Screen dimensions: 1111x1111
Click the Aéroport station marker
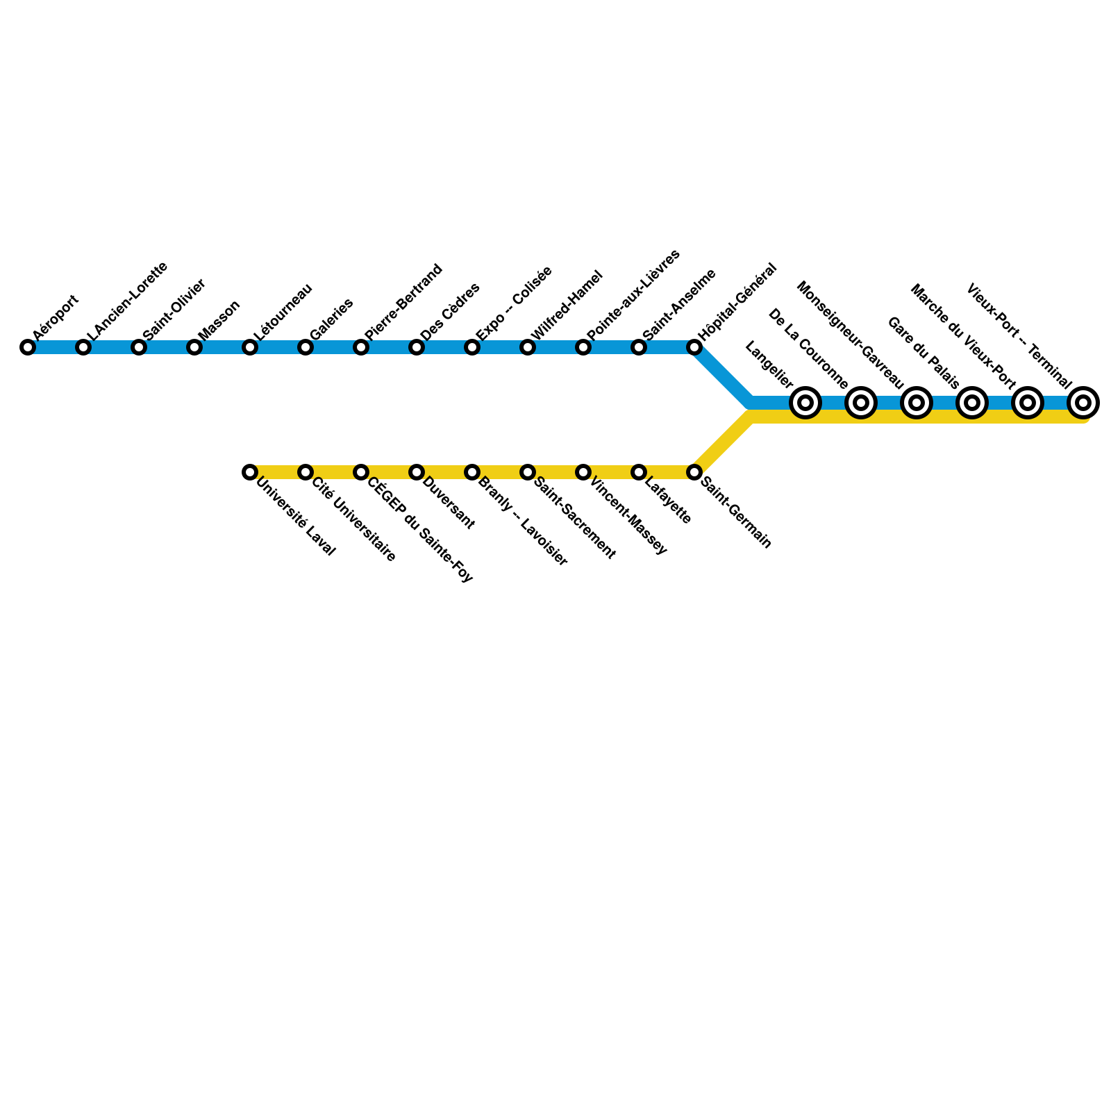(x=28, y=347)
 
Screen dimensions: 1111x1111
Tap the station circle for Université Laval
(x=250, y=472)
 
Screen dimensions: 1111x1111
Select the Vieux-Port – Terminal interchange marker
(x=1083, y=402)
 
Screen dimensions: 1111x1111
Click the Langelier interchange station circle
(x=805, y=402)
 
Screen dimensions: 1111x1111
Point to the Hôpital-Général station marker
(x=694, y=347)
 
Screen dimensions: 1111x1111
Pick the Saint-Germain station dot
(x=694, y=472)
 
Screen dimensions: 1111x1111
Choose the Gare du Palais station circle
(x=972, y=402)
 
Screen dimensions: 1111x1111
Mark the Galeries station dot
(x=306, y=347)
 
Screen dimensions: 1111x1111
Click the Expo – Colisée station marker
(x=472, y=347)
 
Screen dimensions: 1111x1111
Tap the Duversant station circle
(x=417, y=472)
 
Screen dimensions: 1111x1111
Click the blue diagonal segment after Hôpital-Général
(x=722, y=375)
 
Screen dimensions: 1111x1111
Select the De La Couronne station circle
(x=861, y=402)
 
